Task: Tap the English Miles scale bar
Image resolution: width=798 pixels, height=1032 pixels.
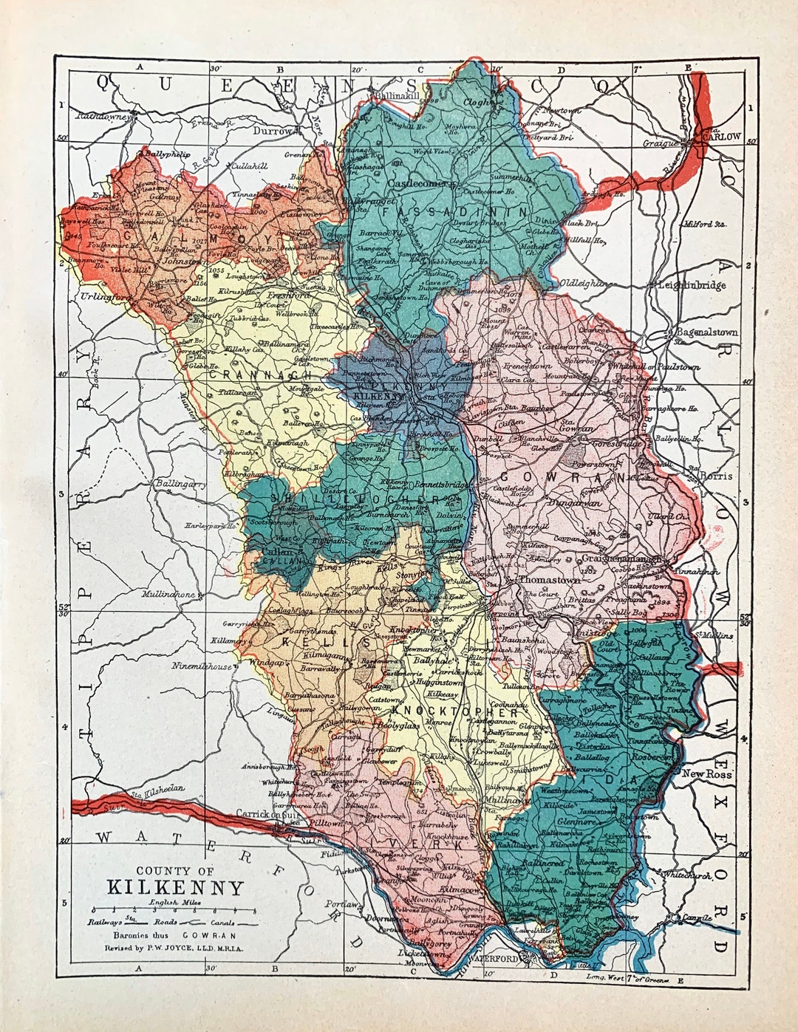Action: (174, 911)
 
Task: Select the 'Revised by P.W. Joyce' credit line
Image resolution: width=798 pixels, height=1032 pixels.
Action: (174, 947)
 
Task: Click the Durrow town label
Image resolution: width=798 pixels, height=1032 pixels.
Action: (273, 130)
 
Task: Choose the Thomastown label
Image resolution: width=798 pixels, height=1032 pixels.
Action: (550, 580)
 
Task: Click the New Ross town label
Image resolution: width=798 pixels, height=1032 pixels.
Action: (706, 773)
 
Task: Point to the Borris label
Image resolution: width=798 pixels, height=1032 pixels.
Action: (716, 476)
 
